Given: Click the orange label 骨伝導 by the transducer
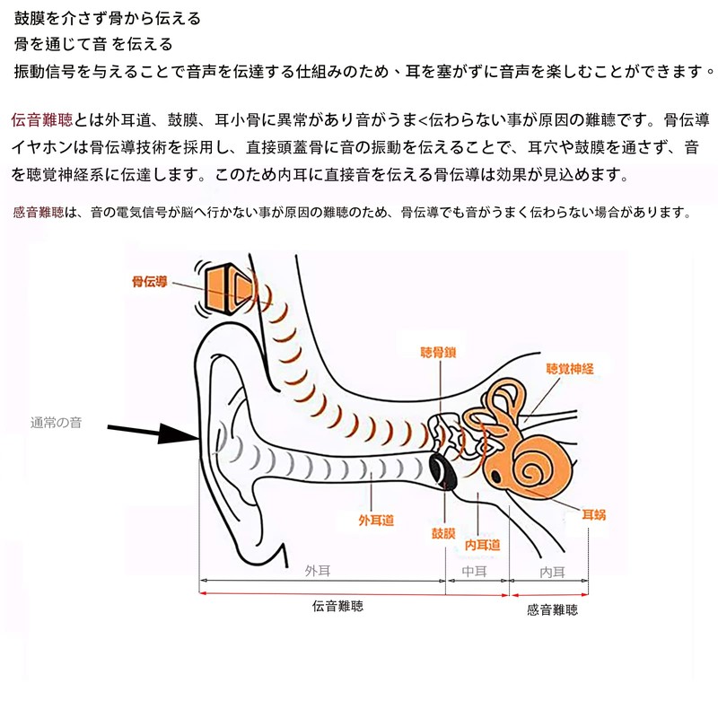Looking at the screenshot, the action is [149, 281].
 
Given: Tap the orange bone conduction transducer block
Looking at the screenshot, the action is [228, 288].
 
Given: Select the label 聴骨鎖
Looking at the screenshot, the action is [438, 352].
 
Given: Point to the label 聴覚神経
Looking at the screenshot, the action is [570, 369].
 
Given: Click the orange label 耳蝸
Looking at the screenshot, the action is [593, 514].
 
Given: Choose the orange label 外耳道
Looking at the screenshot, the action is [376, 521].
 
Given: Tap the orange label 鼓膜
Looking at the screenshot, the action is [443, 533].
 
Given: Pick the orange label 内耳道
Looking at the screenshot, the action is [482, 545].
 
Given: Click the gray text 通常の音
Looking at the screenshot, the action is [56, 423].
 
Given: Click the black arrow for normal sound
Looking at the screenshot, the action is [153, 432].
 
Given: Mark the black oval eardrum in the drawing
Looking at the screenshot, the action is [443, 471].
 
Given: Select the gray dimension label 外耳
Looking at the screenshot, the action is [318, 571].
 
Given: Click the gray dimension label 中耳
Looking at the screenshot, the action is [474, 572].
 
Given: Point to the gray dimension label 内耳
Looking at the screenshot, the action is [552, 573].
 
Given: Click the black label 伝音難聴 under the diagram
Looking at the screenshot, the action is [337, 606].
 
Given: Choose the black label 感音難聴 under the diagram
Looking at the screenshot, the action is [552, 609].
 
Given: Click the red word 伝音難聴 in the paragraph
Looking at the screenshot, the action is [42, 119].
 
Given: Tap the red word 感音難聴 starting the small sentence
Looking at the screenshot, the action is [39, 212].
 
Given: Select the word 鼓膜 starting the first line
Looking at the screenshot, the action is [30, 18].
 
